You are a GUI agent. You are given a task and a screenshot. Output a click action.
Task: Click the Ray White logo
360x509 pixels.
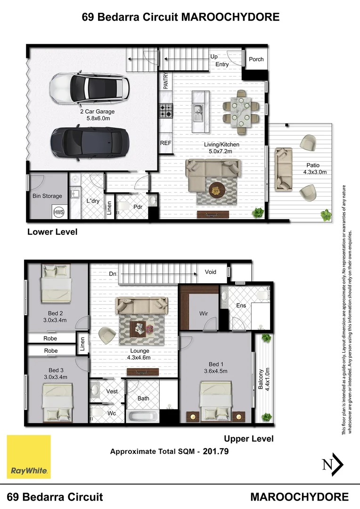(x=28, y=456)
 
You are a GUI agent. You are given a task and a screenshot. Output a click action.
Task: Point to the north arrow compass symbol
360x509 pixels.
(x=333, y=464)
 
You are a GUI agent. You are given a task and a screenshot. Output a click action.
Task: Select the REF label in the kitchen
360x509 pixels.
(x=165, y=143)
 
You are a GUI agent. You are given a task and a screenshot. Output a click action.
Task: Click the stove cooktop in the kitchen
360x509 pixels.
(x=165, y=111)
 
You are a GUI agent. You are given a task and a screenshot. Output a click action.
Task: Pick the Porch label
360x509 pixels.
(x=256, y=59)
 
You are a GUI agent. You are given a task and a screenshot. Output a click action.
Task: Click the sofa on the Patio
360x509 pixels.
(x=283, y=169)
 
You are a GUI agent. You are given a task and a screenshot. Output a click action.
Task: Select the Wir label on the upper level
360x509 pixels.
(x=204, y=313)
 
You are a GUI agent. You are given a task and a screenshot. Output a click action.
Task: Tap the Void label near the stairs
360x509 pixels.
(x=210, y=272)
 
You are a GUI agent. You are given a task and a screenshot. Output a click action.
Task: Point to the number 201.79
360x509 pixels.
(x=216, y=451)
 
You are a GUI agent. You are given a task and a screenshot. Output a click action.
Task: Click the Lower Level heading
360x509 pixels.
(x=52, y=232)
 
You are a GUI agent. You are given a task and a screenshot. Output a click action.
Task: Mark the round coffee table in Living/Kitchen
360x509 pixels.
(x=215, y=190)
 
